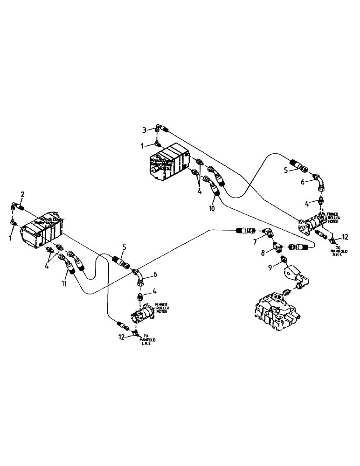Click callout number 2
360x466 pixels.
22,194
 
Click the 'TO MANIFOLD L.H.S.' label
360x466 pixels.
148,339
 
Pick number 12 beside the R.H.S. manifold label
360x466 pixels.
346,237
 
